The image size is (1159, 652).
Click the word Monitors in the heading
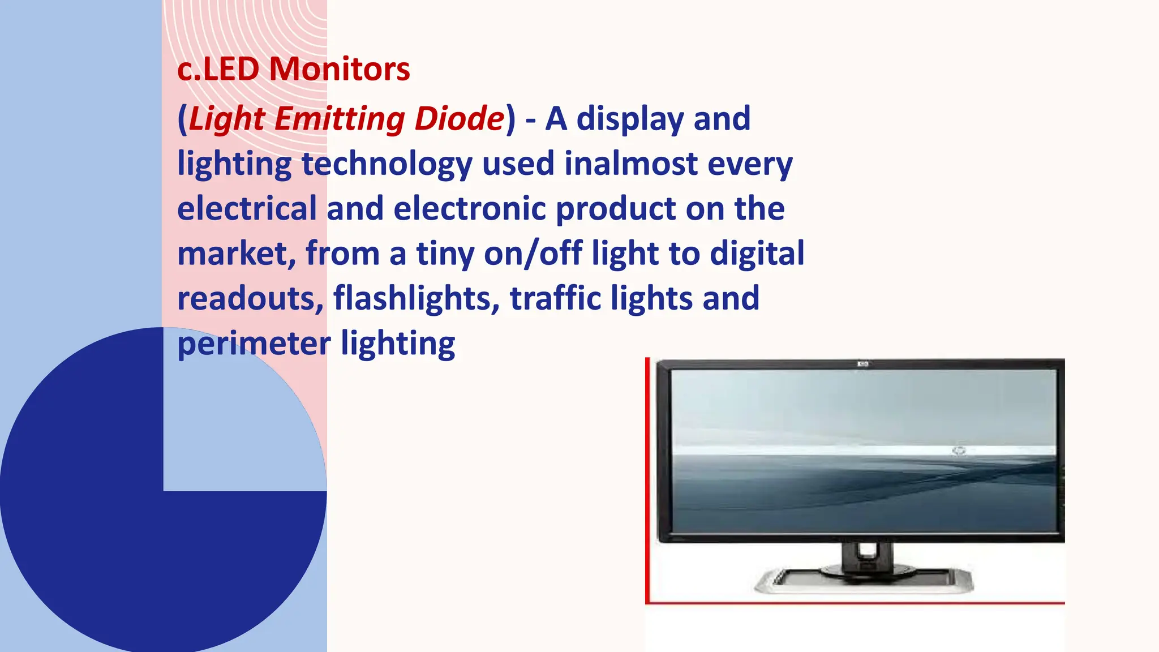point(340,69)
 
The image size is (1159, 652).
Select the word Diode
point(460,119)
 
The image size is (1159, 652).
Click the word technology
point(387,165)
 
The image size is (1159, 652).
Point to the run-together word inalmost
point(631,164)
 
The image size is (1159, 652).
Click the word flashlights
point(417,298)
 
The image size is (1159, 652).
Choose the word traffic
point(555,298)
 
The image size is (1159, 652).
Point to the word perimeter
point(254,344)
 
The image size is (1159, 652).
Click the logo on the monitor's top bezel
point(862,364)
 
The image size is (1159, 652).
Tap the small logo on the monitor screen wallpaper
point(958,451)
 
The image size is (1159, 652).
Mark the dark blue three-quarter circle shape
point(113,509)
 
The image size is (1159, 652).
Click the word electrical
point(247,208)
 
